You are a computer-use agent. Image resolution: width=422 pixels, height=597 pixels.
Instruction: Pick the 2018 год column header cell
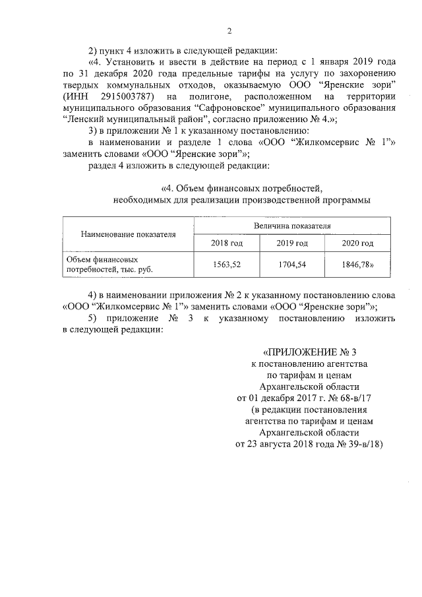pyautogui.click(x=226, y=243)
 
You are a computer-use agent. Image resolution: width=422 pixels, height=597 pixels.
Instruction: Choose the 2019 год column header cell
pyautogui.click(x=292, y=243)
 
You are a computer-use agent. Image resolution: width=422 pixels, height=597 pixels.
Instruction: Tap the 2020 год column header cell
pyautogui.click(x=357, y=243)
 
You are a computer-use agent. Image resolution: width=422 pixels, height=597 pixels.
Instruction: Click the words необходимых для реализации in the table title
pyautogui.click(x=173, y=199)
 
